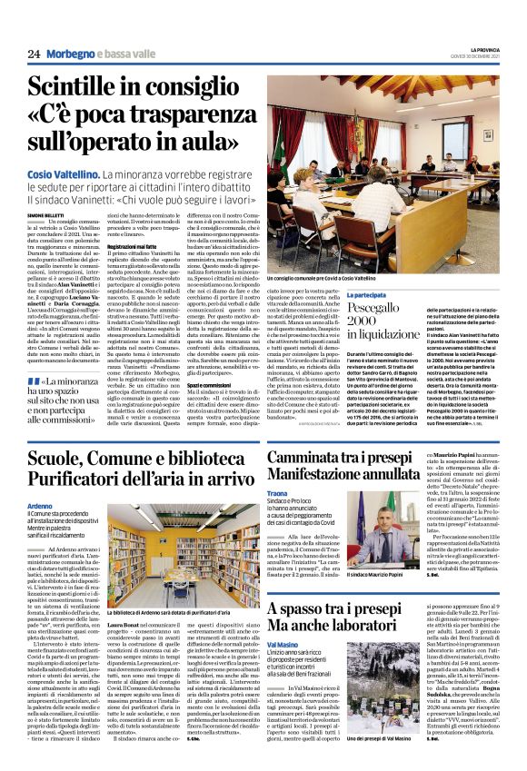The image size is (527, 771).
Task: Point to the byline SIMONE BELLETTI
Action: click(46, 214)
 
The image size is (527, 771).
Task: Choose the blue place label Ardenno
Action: click(40, 506)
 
